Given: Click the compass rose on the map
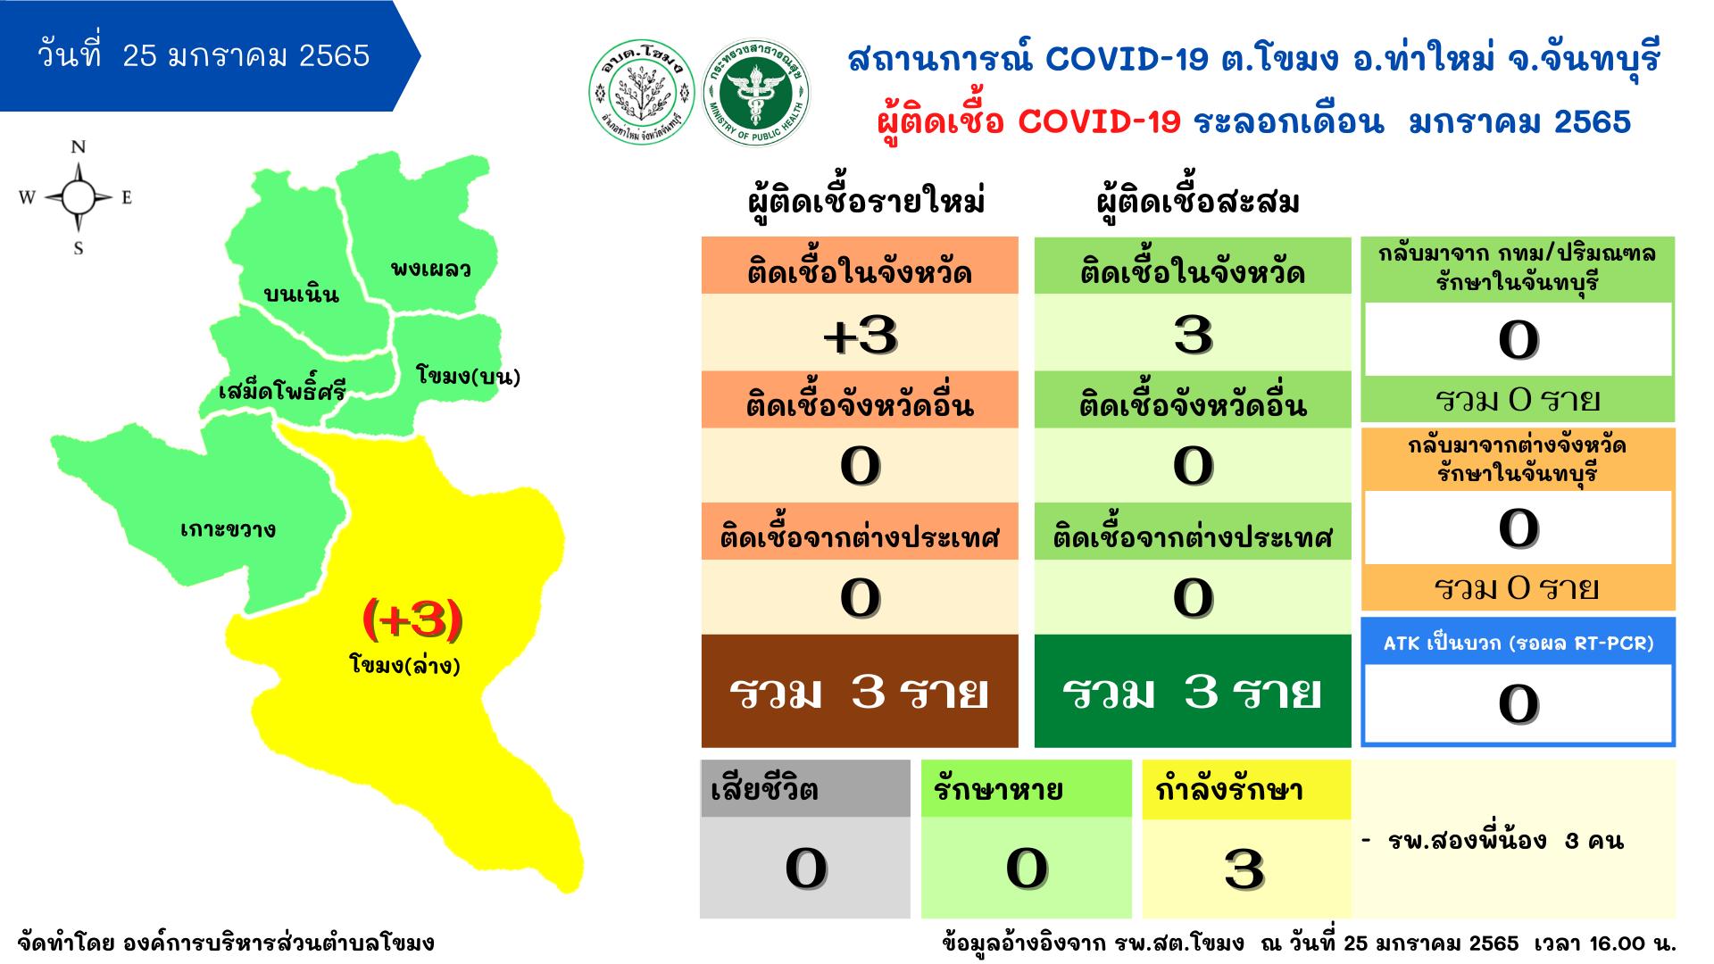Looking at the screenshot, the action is click(78, 197).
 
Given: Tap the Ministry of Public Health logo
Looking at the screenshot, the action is click(755, 94).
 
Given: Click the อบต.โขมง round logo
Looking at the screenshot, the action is click(642, 94).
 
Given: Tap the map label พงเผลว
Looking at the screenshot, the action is click(430, 268).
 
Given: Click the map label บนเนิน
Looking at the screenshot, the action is click(302, 294).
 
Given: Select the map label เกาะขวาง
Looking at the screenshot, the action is click(229, 529).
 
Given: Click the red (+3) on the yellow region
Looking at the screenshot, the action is click(412, 619).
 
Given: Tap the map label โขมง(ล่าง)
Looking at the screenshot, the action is click(405, 665).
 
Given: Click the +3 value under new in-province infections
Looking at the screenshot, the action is click(860, 335).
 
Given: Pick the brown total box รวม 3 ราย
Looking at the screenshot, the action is click(860, 691).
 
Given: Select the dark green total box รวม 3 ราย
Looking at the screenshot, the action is click(1193, 691).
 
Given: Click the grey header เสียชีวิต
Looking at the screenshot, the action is click(805, 788).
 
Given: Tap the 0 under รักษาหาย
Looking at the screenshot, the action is click(1027, 868).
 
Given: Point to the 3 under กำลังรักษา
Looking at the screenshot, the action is click(1245, 868).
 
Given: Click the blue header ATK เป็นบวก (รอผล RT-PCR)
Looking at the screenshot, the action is click(1518, 643).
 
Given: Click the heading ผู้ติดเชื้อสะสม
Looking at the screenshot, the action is click(1197, 203).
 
